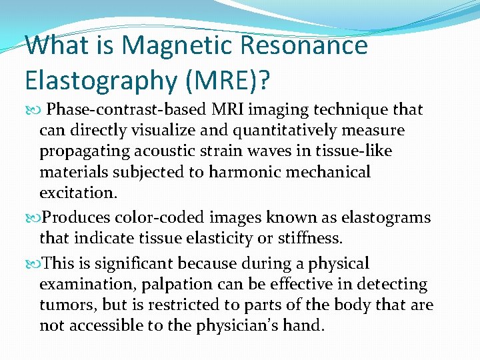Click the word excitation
pos(77,193)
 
